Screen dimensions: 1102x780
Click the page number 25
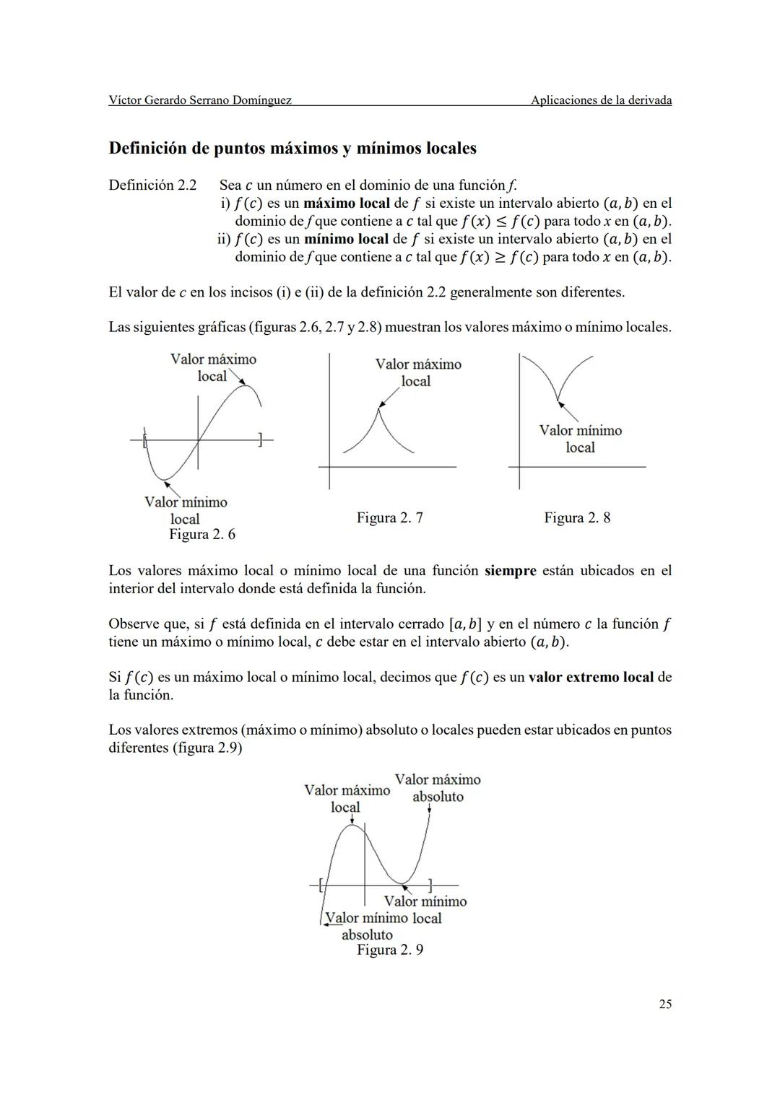[665, 1004]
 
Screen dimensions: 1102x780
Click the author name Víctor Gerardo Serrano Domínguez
[200, 100]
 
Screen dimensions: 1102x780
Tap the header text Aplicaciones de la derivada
[601, 100]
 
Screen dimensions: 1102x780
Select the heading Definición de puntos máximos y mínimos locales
[292, 149]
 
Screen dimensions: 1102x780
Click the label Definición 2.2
[152, 185]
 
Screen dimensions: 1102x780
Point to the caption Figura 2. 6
[202, 534]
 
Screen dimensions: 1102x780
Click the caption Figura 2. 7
[389, 517]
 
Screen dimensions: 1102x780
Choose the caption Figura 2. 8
[577, 517]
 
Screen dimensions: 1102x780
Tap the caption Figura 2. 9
[390, 950]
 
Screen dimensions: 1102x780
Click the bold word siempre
[510, 571]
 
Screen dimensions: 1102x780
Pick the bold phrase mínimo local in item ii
[346, 239]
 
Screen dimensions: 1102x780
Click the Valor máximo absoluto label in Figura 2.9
[438, 788]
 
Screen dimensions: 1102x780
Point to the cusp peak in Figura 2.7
[378, 408]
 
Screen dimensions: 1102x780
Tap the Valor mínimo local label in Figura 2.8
[580, 439]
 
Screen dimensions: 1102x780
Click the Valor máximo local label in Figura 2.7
[417, 372]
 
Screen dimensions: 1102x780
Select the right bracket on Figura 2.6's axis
[261, 438]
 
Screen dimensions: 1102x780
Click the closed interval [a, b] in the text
[465, 624]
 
